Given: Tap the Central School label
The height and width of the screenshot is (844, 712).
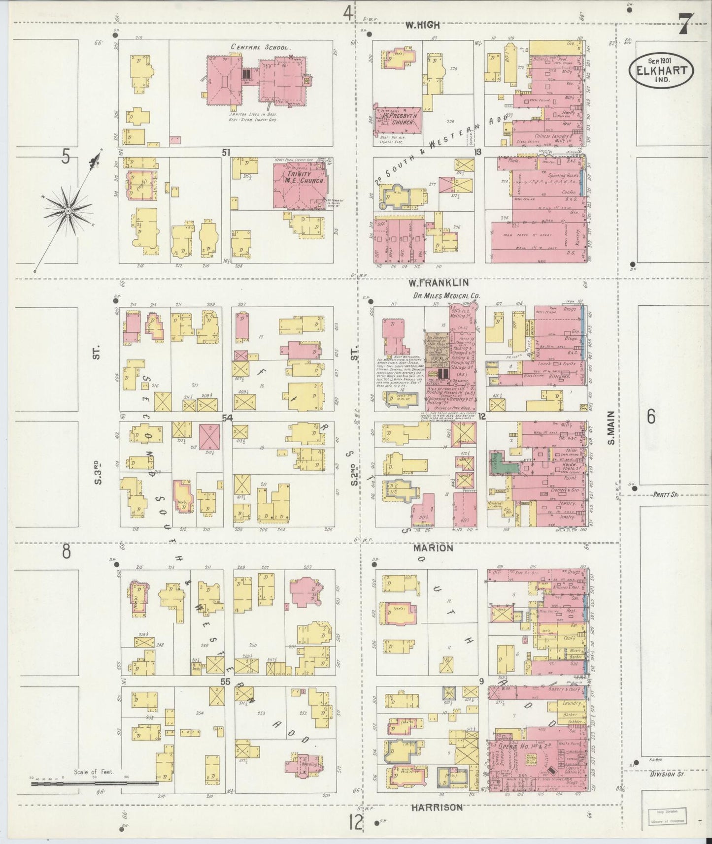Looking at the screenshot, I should pyautogui.click(x=261, y=47).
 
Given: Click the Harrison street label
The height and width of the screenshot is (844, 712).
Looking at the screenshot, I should pyautogui.click(x=436, y=808).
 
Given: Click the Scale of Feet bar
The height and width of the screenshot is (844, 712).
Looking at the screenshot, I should pyautogui.click(x=94, y=782).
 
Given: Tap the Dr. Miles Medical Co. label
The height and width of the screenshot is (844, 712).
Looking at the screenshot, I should pyautogui.click(x=441, y=296).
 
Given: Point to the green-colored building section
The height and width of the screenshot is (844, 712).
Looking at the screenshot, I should pyautogui.click(x=501, y=462).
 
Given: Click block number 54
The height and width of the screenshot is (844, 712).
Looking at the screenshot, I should pyautogui.click(x=227, y=418).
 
